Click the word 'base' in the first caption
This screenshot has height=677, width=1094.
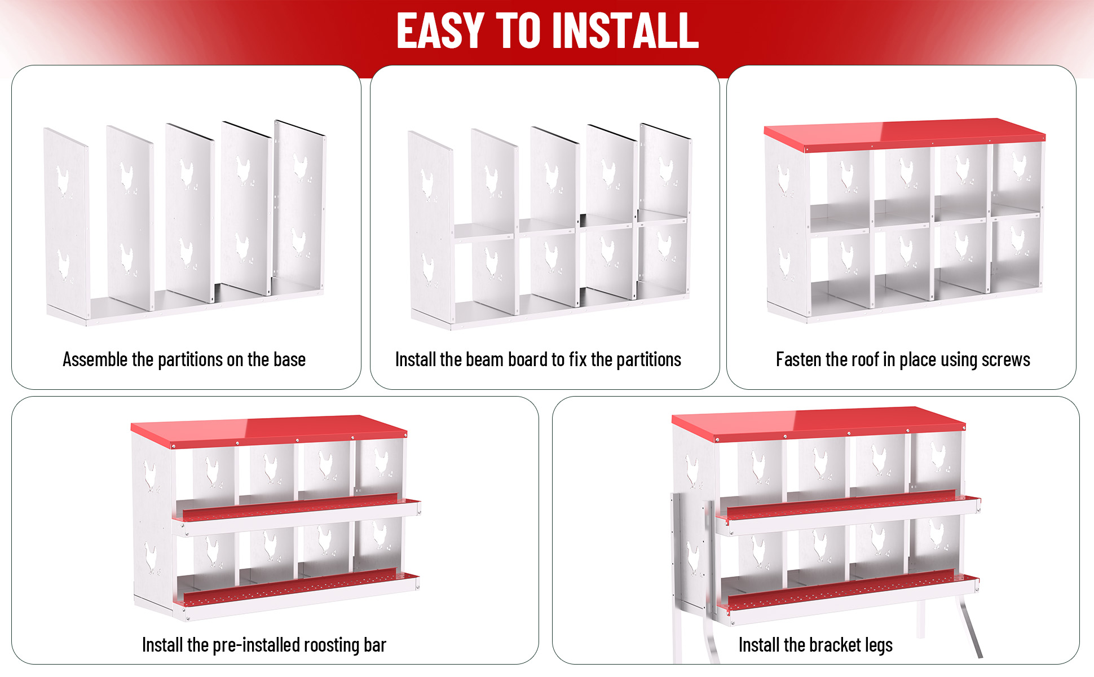pyautogui.click(x=289, y=359)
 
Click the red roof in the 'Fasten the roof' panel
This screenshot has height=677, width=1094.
pyautogui.click(x=905, y=133)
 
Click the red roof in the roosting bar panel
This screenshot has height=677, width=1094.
pyautogui.click(x=269, y=428)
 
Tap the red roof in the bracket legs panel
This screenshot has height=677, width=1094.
pyautogui.click(x=818, y=421)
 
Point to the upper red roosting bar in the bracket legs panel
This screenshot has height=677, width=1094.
pyautogui.click(x=849, y=504)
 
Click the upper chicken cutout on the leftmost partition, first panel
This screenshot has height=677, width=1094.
pyautogui.click(x=65, y=183)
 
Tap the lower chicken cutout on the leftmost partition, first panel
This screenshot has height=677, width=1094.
pyautogui.click(x=65, y=267)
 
